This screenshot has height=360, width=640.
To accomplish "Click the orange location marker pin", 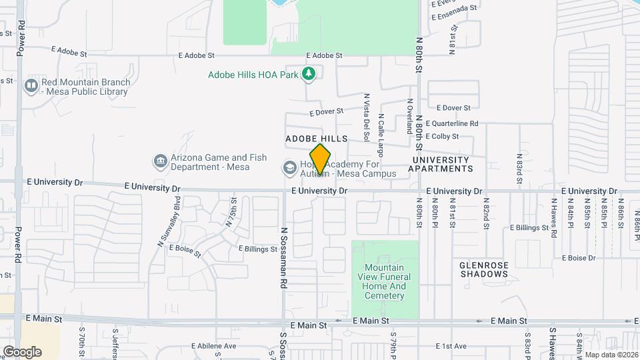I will [x=320, y=159].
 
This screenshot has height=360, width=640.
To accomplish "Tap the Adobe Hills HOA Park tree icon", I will [x=308, y=75].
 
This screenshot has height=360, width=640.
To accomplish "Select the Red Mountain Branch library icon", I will [x=31, y=86].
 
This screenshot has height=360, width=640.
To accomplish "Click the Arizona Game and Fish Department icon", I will [x=160, y=161].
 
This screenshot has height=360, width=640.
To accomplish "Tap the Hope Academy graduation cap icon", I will [x=289, y=167].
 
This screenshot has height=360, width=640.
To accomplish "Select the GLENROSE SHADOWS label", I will [x=484, y=269].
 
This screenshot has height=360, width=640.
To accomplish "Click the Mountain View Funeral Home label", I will [x=385, y=277].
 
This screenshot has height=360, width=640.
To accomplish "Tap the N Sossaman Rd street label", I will [x=283, y=257].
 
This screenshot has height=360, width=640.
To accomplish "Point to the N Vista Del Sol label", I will [x=367, y=117].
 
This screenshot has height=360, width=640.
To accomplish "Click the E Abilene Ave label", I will [x=214, y=346].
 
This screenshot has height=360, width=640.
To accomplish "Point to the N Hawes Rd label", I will [x=554, y=217].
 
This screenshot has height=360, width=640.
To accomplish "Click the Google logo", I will [x=22, y=351].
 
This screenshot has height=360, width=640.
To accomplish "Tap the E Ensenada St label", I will [x=455, y=9].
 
